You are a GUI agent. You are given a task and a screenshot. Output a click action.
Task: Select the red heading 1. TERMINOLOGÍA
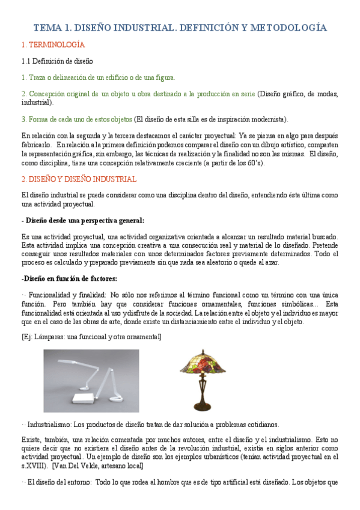(x=53, y=45)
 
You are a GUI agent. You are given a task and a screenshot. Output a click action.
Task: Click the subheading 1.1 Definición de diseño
(x=56, y=61)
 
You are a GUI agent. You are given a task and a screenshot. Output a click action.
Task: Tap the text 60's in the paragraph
(x=253, y=163)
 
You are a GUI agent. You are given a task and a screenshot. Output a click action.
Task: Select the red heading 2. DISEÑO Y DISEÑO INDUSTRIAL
(x=79, y=179)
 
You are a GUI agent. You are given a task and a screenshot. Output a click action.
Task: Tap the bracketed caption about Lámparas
(x=91, y=337)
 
